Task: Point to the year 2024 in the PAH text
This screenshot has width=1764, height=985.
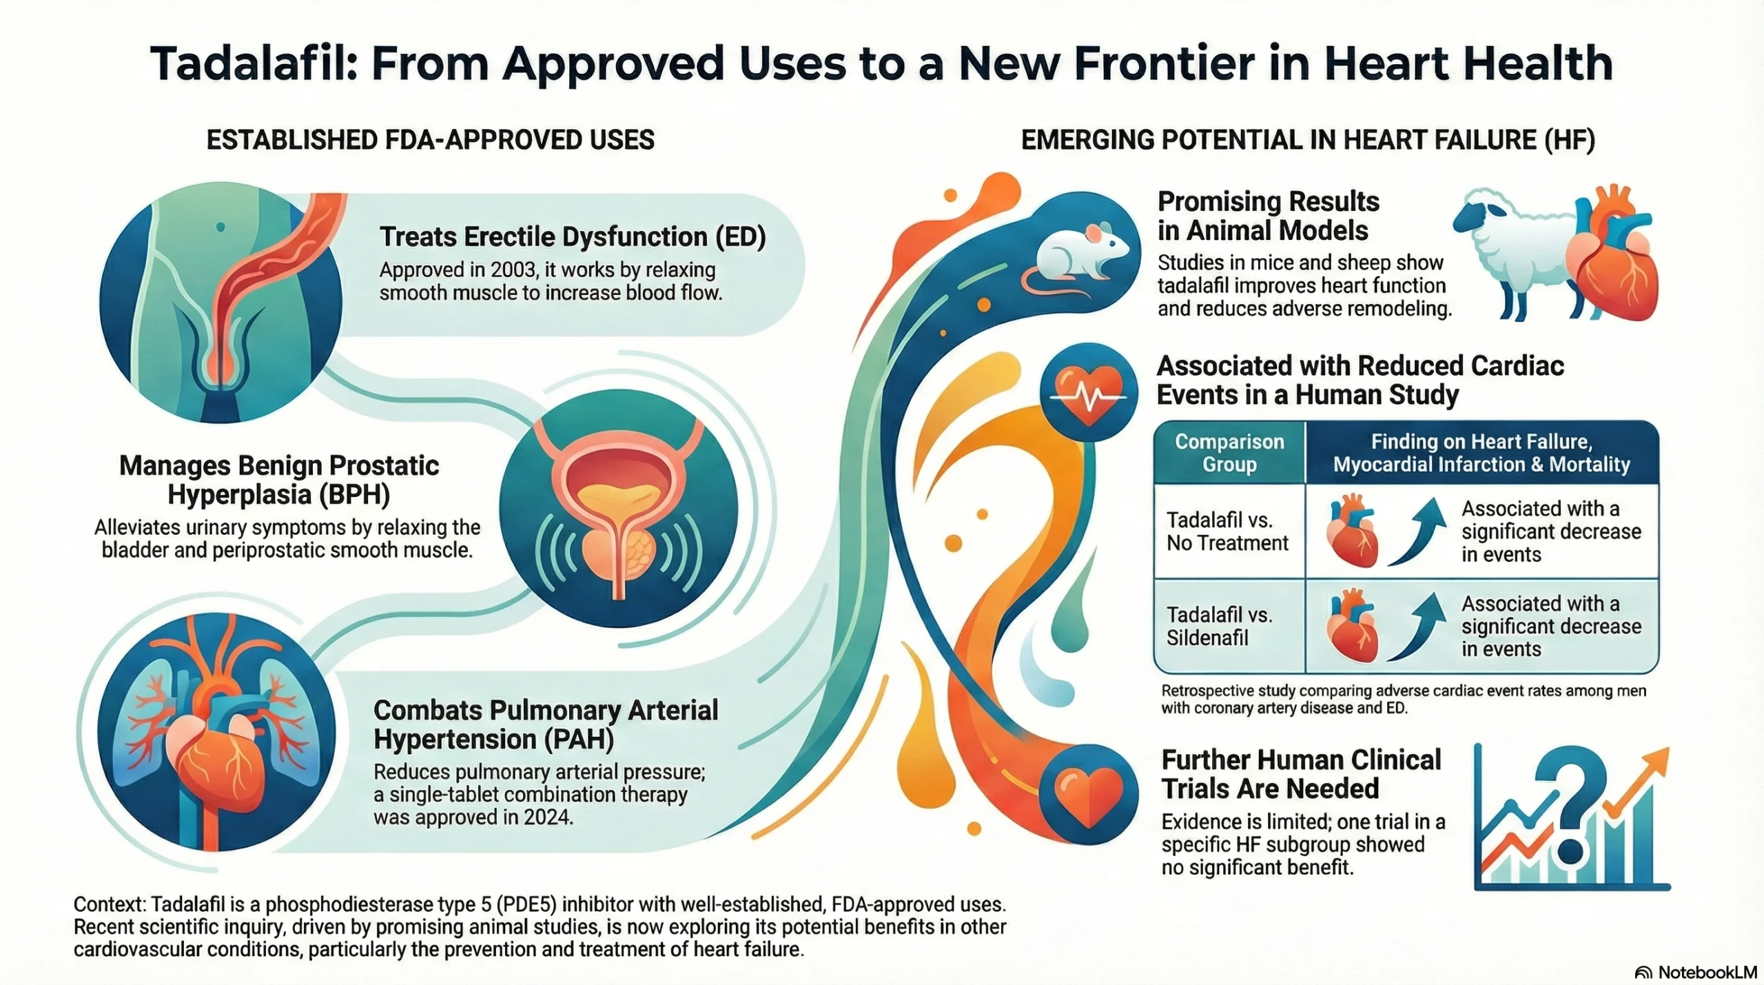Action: (x=548, y=818)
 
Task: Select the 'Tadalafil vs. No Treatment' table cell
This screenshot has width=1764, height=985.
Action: (x=1228, y=531)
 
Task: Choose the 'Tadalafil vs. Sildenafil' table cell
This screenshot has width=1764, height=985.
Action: (x=1220, y=626)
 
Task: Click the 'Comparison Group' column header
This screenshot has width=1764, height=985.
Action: (x=1229, y=453)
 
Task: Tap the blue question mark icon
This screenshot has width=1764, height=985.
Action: (x=1575, y=806)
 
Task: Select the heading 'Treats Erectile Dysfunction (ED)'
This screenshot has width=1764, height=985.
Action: (x=573, y=236)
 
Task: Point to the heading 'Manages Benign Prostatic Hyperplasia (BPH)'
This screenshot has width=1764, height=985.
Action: (x=279, y=480)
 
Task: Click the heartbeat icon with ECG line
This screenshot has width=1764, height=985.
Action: (x=1089, y=393)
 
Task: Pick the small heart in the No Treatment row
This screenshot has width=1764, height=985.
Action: (x=1352, y=531)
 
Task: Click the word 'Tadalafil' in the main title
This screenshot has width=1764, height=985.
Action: (x=253, y=64)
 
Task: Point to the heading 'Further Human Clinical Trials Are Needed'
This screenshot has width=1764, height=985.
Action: (x=1301, y=774)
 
